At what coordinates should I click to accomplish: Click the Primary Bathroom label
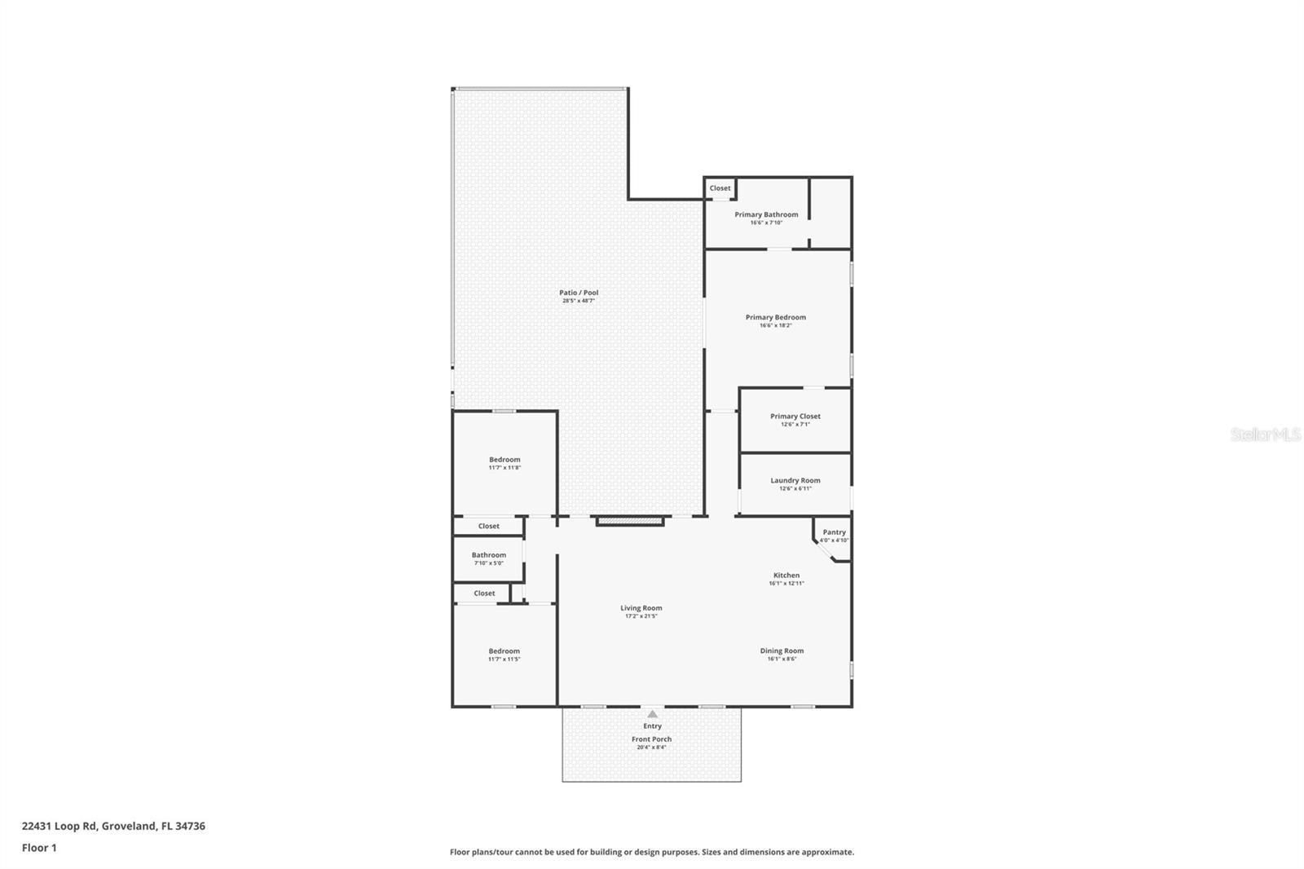tap(766, 214)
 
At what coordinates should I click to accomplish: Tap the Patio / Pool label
tap(579, 293)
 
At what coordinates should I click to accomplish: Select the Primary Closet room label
tap(795, 417)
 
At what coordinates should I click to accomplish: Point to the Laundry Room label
tap(795, 481)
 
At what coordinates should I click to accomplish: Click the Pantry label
tap(834, 532)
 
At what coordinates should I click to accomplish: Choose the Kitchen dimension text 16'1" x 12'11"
tap(786, 584)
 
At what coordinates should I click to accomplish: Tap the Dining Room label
tap(782, 651)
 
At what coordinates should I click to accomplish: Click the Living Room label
tap(641, 608)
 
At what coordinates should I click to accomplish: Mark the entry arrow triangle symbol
tap(652, 714)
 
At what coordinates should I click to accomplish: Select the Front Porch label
tap(652, 739)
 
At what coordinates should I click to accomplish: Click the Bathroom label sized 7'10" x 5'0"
tap(489, 555)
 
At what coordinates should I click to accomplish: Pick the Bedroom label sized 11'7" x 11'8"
tap(504, 460)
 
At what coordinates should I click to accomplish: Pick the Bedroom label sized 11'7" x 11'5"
tap(504, 651)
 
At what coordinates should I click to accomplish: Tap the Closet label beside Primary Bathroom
tap(720, 188)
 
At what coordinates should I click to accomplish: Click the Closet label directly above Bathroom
tap(489, 527)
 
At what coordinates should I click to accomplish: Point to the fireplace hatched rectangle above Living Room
tap(630, 520)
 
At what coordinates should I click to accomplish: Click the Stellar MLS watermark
tap(1265, 435)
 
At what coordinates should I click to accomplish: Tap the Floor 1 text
tap(39, 848)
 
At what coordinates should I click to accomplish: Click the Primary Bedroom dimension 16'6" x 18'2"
tap(776, 325)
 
